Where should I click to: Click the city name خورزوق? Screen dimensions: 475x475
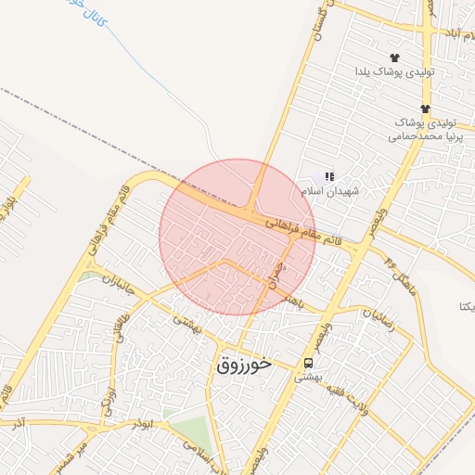click(244, 365)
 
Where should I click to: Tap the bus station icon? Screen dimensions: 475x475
click(307, 363)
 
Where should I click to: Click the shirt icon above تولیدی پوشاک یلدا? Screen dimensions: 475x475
click(394, 58)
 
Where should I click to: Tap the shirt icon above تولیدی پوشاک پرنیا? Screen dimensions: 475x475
click(425, 109)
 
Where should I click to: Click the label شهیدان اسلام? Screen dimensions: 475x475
click(329, 190)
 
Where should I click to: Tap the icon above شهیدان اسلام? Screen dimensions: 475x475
click(328, 175)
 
